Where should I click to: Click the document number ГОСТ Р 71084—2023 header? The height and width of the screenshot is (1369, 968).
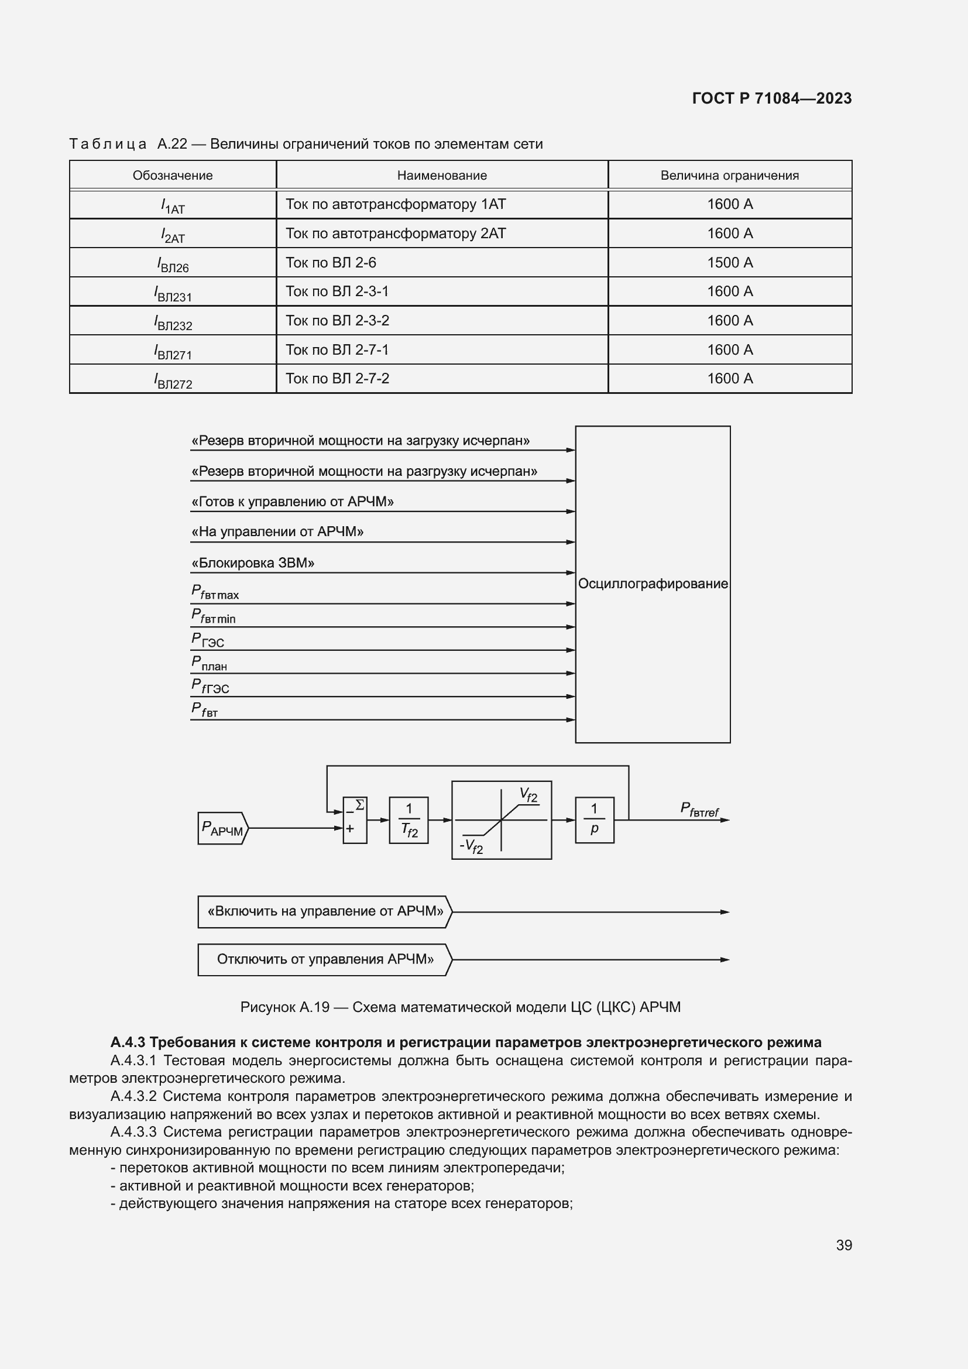tap(771, 98)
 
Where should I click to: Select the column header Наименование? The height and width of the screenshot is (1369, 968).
tap(442, 176)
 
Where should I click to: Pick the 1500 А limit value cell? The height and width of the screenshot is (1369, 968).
tap(730, 262)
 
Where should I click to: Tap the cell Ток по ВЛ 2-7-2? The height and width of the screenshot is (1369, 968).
tap(337, 379)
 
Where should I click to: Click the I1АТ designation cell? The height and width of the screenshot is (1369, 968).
tap(173, 205)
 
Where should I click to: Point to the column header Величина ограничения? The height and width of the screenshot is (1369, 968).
tap(729, 176)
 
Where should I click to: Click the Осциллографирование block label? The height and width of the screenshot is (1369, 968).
tap(653, 584)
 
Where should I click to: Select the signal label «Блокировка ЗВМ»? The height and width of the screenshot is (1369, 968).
tap(253, 563)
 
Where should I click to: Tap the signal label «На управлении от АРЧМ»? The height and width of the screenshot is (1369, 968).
tap(277, 532)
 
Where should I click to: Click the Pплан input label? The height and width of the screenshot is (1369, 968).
tap(209, 663)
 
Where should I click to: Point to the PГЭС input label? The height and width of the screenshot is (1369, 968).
tap(208, 640)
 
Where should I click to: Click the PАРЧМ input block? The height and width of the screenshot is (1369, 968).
tap(222, 828)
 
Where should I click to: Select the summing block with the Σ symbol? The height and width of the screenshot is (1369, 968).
tap(355, 820)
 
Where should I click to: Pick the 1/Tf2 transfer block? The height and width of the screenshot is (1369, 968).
tap(409, 820)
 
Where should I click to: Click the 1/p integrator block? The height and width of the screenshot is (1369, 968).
tap(593, 820)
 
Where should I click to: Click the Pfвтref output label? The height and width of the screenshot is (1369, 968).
tap(699, 809)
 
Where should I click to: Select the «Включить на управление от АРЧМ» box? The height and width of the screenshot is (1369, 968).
tap(325, 911)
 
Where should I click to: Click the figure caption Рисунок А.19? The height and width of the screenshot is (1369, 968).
tap(459, 1007)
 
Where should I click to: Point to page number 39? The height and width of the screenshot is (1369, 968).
tap(843, 1245)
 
